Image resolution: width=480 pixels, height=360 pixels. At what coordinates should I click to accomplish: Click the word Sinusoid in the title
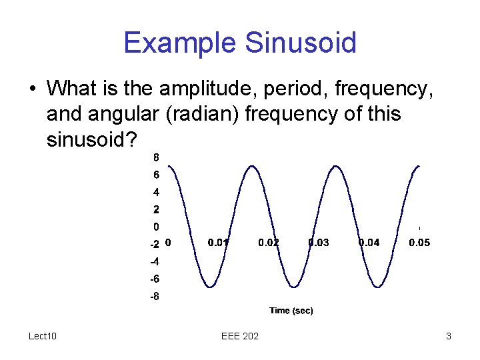tap(301, 43)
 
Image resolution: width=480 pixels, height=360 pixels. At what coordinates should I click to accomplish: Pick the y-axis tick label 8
tap(156, 158)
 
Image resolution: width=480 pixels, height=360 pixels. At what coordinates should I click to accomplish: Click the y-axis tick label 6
tap(156, 175)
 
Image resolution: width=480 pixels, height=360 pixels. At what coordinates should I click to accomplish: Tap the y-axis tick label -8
tap(154, 296)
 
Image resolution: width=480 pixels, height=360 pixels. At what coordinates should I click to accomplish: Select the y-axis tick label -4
tap(154, 261)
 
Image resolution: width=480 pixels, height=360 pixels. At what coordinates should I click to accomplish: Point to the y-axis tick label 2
tap(156, 209)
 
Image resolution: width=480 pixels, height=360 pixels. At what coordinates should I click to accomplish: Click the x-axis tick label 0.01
tap(219, 243)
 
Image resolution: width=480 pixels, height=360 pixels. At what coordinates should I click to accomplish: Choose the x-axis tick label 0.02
tap(269, 243)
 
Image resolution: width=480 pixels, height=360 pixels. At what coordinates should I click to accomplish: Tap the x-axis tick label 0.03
tap(319, 243)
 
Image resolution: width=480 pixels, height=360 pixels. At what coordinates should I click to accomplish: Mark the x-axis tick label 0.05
tap(419, 243)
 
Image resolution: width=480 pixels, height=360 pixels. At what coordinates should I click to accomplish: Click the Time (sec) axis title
tap(291, 311)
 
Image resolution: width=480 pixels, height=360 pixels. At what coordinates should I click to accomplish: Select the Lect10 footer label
tap(43, 336)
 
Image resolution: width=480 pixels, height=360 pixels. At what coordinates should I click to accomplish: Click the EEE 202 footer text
tap(240, 336)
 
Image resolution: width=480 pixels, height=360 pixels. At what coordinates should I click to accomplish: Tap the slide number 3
tap(449, 336)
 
